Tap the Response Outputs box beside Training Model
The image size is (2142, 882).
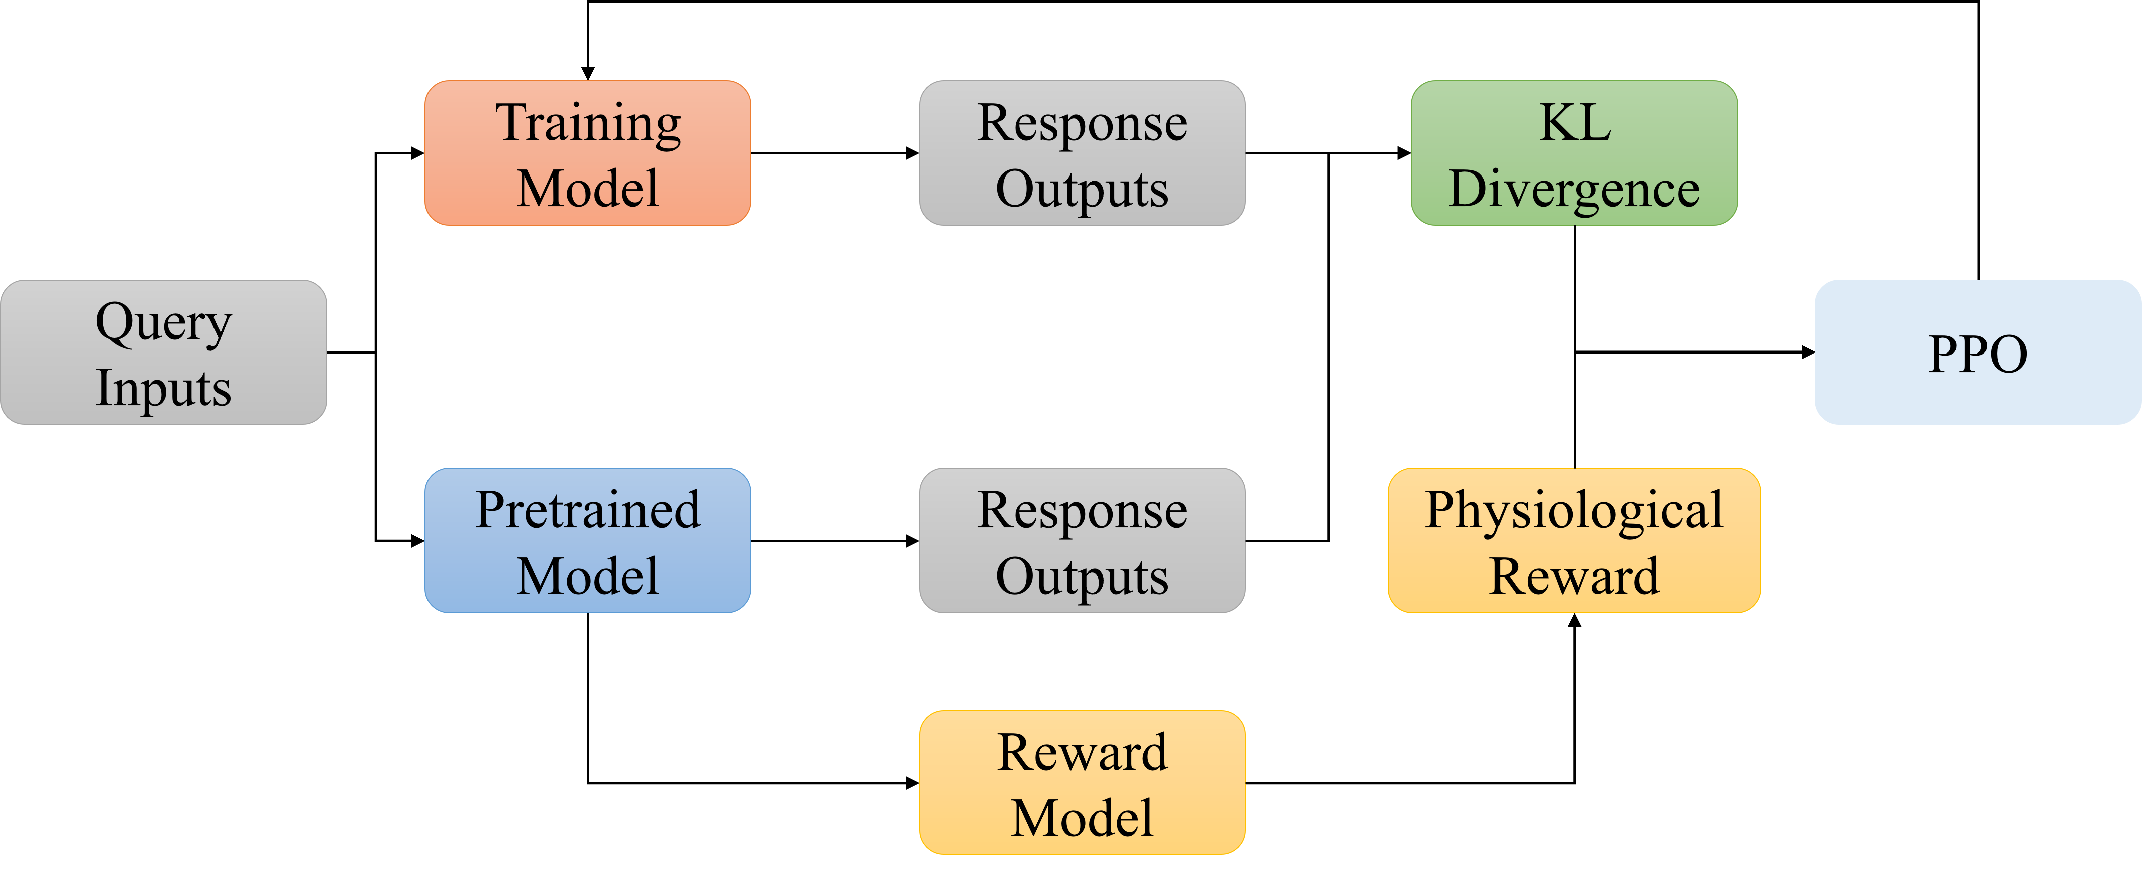pyautogui.click(x=1082, y=153)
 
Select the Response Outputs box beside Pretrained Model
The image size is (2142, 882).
pyautogui.click(x=1082, y=541)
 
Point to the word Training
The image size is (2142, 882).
pyautogui.click(x=588, y=124)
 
